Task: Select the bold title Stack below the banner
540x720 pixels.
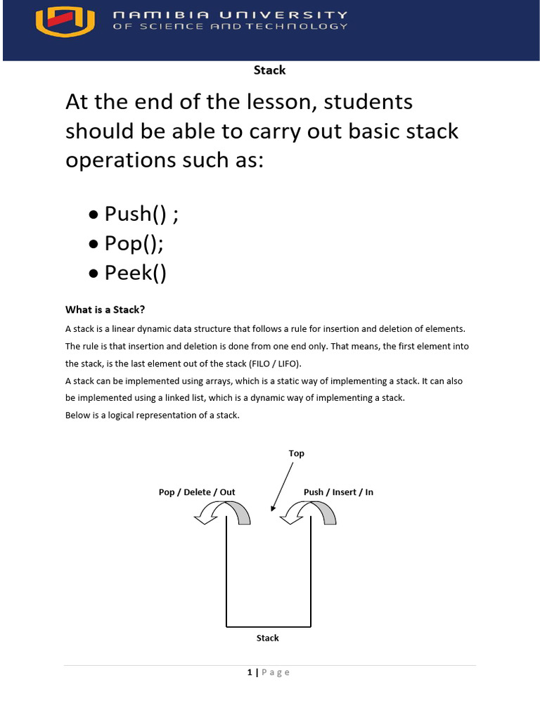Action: (269, 70)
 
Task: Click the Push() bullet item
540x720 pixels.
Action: (141, 214)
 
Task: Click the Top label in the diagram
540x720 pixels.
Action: (296, 454)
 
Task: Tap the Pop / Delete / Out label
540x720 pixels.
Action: (197, 492)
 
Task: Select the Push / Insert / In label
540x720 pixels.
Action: (338, 492)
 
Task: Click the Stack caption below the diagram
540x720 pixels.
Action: (267, 638)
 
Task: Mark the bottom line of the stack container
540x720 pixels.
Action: (268, 626)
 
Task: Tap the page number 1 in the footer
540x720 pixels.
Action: (250, 673)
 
